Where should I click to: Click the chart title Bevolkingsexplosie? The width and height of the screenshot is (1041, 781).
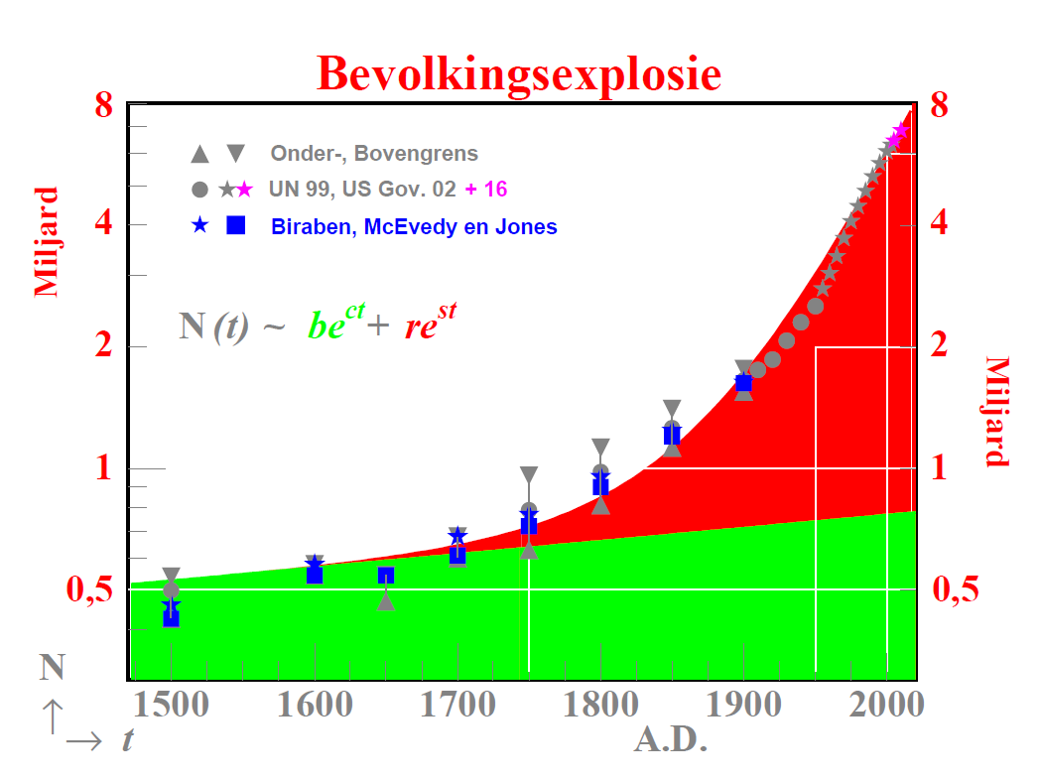click(x=519, y=73)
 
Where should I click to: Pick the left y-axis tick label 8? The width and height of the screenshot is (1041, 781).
click(x=105, y=104)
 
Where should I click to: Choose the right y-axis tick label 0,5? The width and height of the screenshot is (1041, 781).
click(x=955, y=589)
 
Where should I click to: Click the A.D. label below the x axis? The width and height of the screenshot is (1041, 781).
click(x=670, y=740)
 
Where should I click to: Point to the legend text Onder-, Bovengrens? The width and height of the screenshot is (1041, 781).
click(x=374, y=154)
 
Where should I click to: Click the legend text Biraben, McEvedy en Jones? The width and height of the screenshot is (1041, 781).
click(x=414, y=227)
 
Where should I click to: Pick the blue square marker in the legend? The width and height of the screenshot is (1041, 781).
click(x=236, y=225)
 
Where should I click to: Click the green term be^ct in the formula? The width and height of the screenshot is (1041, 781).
click(x=332, y=325)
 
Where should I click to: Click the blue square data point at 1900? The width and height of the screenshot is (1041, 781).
click(x=743, y=383)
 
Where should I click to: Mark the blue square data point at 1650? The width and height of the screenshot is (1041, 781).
click(x=386, y=575)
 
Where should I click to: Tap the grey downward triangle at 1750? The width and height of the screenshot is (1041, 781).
click(x=529, y=474)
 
